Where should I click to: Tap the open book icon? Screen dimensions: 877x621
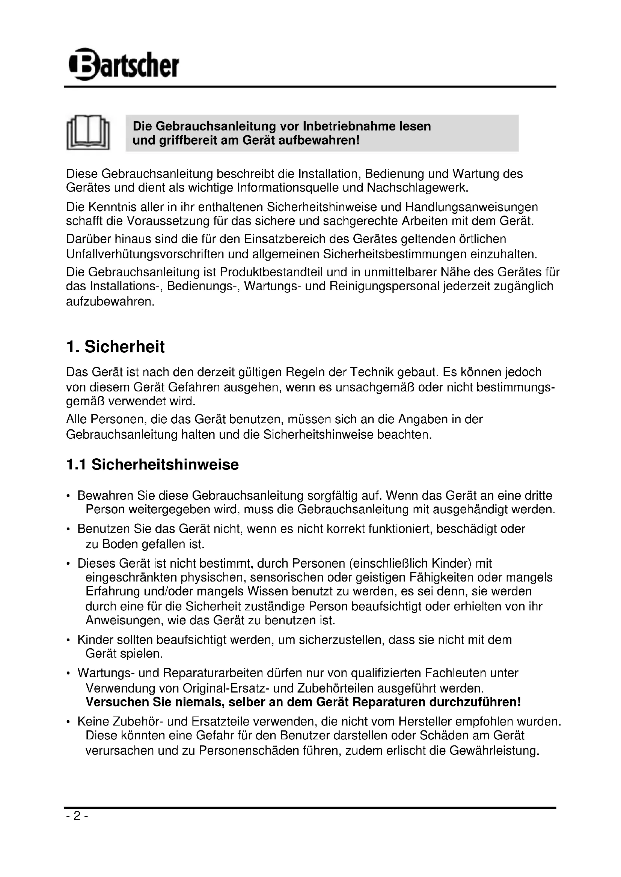[88, 132]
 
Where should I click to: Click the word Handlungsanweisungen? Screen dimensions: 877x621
[471, 207]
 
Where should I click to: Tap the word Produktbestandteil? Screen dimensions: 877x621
[273, 272]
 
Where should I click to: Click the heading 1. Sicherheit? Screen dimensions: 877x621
[116, 347]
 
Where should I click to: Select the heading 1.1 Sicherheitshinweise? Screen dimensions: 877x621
[152, 465]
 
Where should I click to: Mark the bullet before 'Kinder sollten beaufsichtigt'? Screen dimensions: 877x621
[68, 640]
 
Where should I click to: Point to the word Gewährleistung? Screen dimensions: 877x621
[494, 751]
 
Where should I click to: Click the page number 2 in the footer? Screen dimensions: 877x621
[77, 816]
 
